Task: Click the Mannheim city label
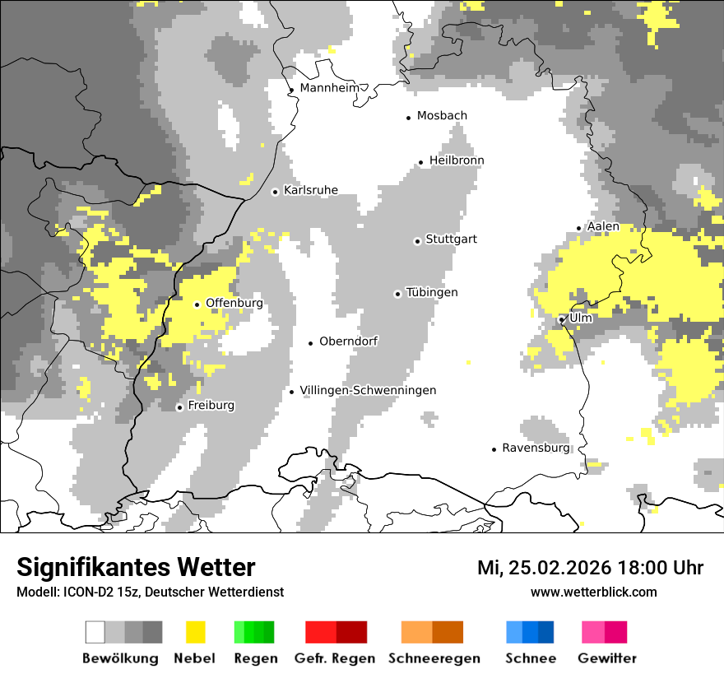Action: click(x=329, y=88)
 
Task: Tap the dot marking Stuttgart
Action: click(x=417, y=241)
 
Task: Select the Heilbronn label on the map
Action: click(x=457, y=160)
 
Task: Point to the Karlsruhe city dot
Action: click(x=276, y=192)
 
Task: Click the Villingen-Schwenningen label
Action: click(x=368, y=391)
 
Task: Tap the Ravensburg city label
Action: click(x=536, y=448)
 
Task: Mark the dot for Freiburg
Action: click(x=179, y=407)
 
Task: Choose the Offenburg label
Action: click(x=234, y=303)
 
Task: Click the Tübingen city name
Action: click(x=432, y=293)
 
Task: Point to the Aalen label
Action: click(x=603, y=226)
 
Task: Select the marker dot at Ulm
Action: click(x=561, y=319)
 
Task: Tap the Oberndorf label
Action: click(x=348, y=341)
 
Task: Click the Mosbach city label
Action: click(x=442, y=116)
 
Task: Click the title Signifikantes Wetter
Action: click(x=136, y=568)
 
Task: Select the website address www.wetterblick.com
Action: click(x=593, y=592)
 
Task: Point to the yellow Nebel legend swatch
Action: click(x=196, y=632)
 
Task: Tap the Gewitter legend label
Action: click(x=607, y=658)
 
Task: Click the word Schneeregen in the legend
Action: click(x=434, y=658)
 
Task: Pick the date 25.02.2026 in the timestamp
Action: click(x=558, y=568)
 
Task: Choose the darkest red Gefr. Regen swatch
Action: click(x=352, y=632)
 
